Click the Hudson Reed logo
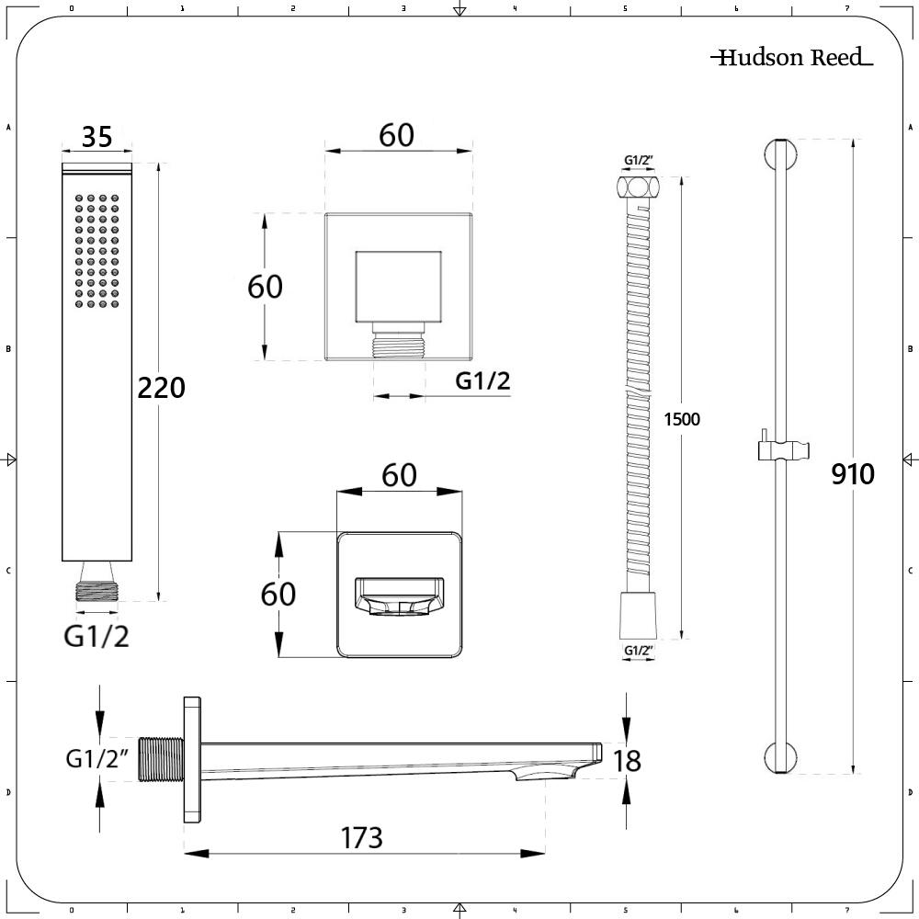pyautogui.click(x=791, y=57)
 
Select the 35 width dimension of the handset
pyautogui.click(x=96, y=137)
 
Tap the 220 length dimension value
pyautogui.click(x=161, y=388)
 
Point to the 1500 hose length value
pyautogui.click(x=682, y=419)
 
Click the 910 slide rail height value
pyautogui.click(x=853, y=473)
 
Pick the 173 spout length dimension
pyautogui.click(x=361, y=837)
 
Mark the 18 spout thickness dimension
pyautogui.click(x=627, y=761)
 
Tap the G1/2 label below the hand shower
pyautogui.click(x=96, y=637)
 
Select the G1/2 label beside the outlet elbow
pyautogui.click(x=482, y=381)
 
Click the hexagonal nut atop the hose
pyautogui.click(x=638, y=187)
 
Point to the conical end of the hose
pyautogui.click(x=638, y=616)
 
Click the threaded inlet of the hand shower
pyautogui.click(x=96, y=591)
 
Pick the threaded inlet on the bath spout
pyautogui.click(x=161, y=759)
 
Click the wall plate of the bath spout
pyautogui.click(x=192, y=760)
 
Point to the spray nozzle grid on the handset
pyautogui.click(x=96, y=251)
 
